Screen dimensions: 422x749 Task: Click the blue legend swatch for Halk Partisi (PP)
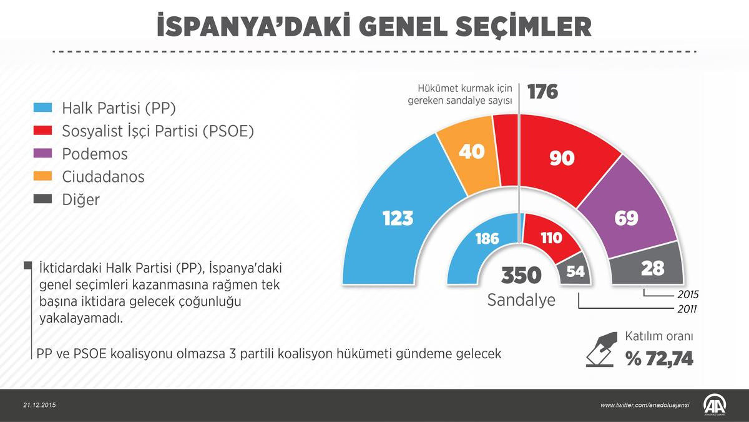42,108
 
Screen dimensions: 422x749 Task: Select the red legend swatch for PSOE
42,131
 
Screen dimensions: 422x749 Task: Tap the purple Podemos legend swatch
42,153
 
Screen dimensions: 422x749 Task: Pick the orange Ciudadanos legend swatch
42,176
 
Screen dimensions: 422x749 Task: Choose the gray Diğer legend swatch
42,199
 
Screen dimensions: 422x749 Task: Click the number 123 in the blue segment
398,218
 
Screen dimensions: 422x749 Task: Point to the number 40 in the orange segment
471,151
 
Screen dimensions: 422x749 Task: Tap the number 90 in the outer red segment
562,158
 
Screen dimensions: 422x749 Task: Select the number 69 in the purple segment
626,218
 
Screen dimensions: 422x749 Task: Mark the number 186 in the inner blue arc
487,238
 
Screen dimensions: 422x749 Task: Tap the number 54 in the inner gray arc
575,271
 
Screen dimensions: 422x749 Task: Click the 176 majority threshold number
542,92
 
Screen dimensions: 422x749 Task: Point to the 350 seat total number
521,275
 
